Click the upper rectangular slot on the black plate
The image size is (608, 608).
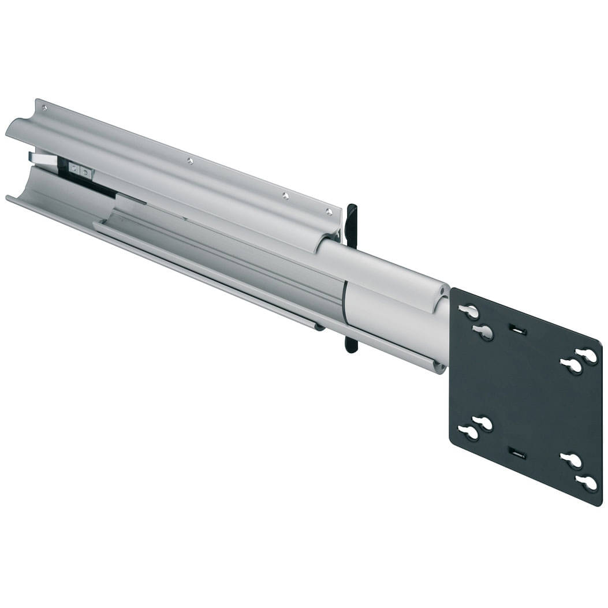pyautogui.click(x=517, y=330)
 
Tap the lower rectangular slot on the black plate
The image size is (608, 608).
pyautogui.click(x=517, y=452)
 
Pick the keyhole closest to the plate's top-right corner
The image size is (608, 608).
pyautogui.click(x=587, y=356)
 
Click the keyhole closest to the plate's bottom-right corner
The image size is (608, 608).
pyautogui.click(x=587, y=482)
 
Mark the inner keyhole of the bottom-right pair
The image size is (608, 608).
pyautogui.click(x=572, y=460)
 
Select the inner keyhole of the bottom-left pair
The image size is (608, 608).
pyautogui.click(x=483, y=423)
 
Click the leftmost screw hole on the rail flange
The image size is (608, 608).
pyautogui.click(x=43, y=108)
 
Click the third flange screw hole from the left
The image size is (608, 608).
pyautogui.click(x=285, y=196)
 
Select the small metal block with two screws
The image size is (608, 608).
pyautogui.click(x=80, y=170)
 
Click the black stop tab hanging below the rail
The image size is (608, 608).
pyautogui.click(x=350, y=343)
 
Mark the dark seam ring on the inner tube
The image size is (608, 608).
pyautogui.click(x=344, y=303)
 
